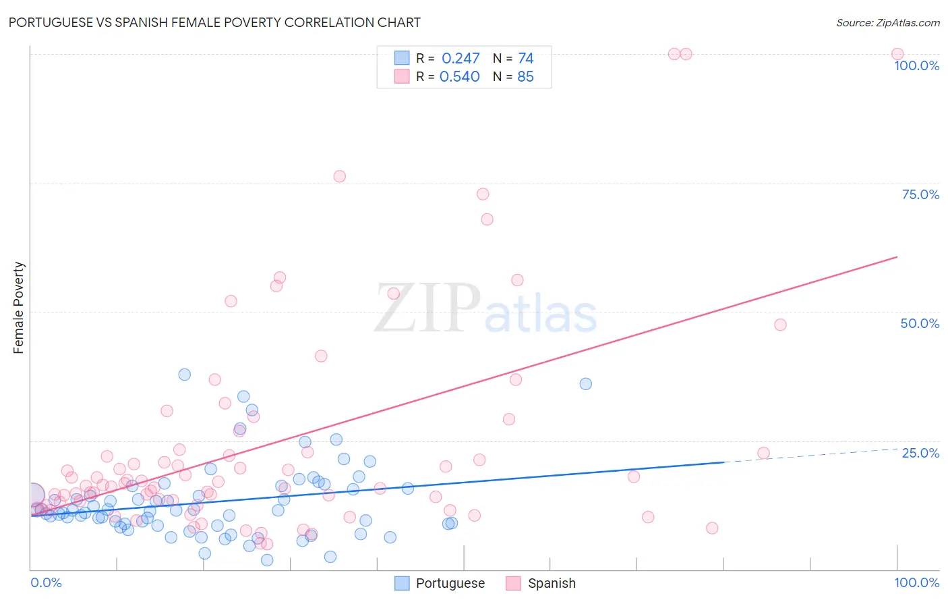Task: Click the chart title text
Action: pyautogui.click(x=214, y=22)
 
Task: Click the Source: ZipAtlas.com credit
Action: pyautogui.click(x=887, y=22)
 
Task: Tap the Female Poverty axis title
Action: pyautogui.click(x=18, y=308)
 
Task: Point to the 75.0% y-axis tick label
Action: pyautogui.click(x=920, y=194)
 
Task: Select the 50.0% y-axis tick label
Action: pyautogui.click(x=920, y=323)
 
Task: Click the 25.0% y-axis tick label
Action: pyautogui.click(x=920, y=453)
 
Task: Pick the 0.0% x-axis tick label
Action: pyautogui.click(x=46, y=582)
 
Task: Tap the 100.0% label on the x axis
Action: pyautogui.click(x=916, y=582)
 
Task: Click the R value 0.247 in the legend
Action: pyautogui.click(x=461, y=59)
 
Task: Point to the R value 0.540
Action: pyautogui.click(x=460, y=77)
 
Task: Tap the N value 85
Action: pyautogui.click(x=525, y=77)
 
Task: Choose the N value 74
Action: pyautogui.click(x=525, y=59)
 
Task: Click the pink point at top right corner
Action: pyautogui.click(x=897, y=54)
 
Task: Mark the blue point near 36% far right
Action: pyautogui.click(x=585, y=384)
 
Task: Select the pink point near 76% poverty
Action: pyautogui.click(x=339, y=176)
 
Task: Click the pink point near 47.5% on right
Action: pyautogui.click(x=780, y=325)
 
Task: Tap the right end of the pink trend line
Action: pyautogui.click(x=897, y=257)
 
